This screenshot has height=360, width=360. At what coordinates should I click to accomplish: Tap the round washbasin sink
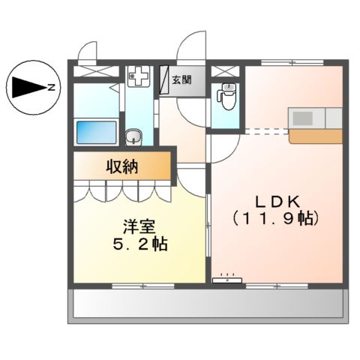click(x=135, y=136)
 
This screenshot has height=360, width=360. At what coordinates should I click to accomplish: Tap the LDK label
click(x=277, y=201)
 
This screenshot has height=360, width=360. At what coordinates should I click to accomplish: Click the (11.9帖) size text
click(x=277, y=220)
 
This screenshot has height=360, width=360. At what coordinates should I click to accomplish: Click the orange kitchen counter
click(x=315, y=136)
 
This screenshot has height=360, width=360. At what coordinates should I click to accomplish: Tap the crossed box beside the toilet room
click(x=224, y=71)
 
